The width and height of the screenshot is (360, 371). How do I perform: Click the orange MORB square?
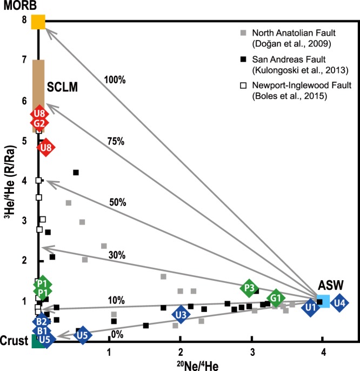[x=38, y=22]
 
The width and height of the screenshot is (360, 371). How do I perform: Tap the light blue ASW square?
[x=323, y=301]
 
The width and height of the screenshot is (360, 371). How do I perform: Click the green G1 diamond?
[x=276, y=297]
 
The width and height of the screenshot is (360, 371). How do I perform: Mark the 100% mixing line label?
[x=115, y=80]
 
